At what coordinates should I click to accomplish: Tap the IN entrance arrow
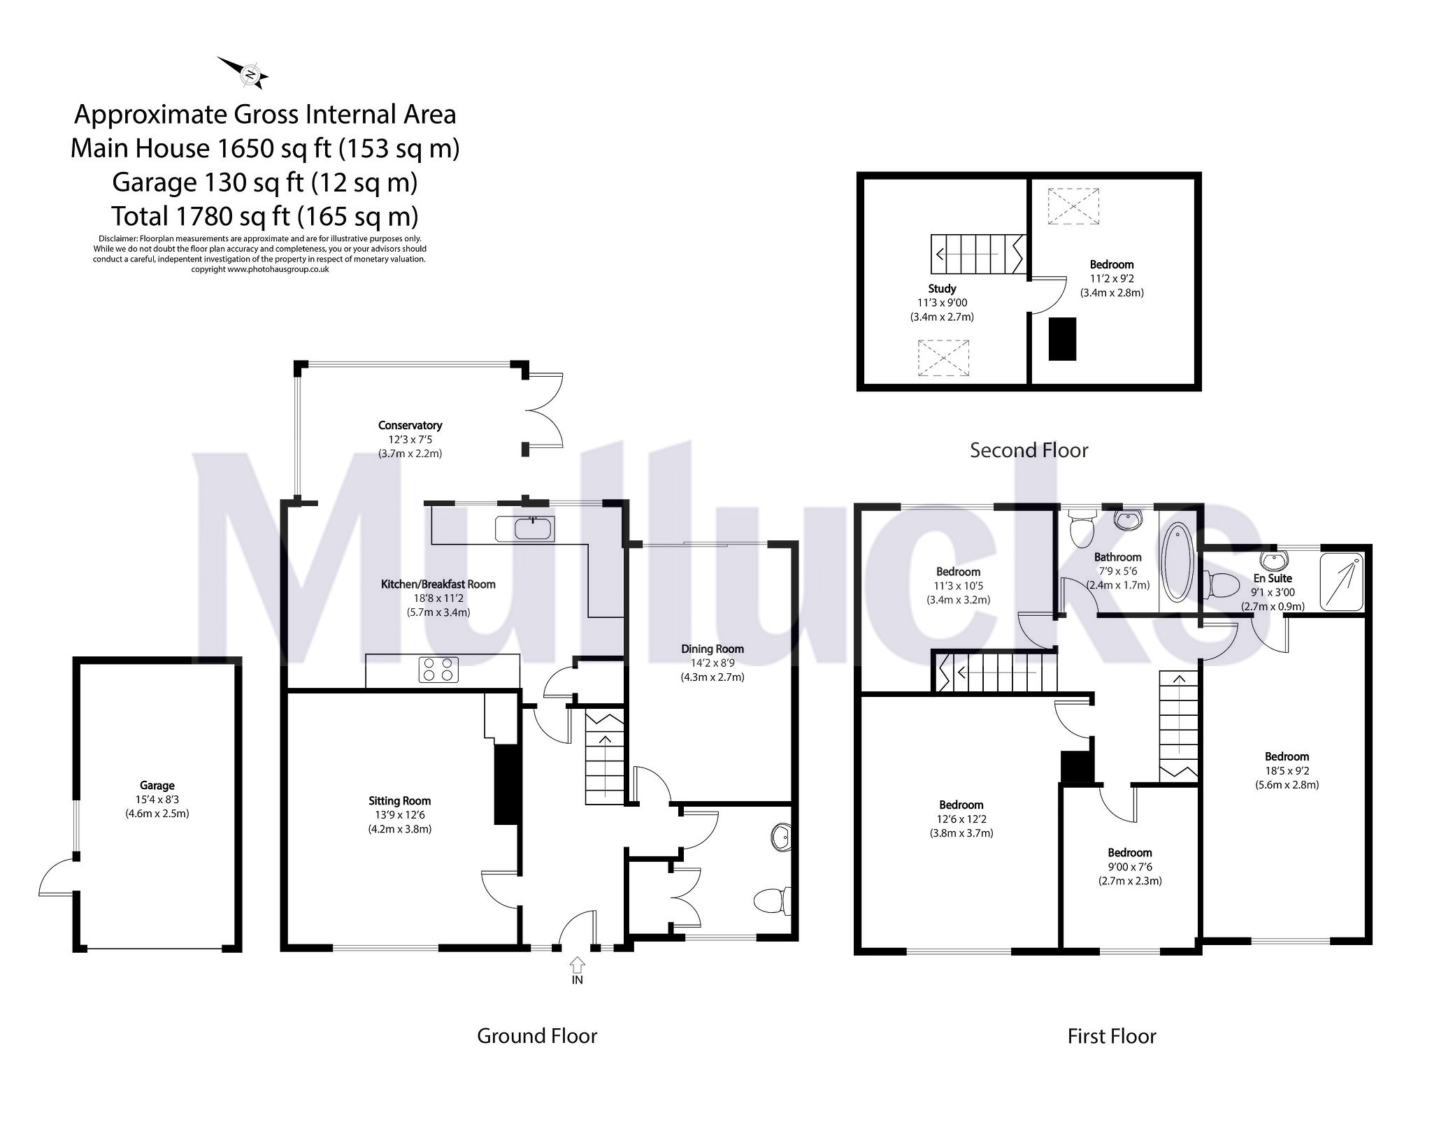577,967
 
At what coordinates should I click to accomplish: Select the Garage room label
157,786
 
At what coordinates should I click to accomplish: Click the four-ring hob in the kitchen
439,670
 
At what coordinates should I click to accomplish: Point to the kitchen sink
534,529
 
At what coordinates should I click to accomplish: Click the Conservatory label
410,425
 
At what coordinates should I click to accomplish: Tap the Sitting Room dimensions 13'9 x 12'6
399,815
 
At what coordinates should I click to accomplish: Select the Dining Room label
713,649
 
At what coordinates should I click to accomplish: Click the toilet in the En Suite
1219,584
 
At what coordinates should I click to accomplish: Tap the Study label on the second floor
942,288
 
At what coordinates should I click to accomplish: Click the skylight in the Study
944,358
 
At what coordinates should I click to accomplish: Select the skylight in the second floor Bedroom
1073,206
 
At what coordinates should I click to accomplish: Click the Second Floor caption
1029,450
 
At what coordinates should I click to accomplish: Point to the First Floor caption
1111,1036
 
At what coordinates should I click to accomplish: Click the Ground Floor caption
536,1036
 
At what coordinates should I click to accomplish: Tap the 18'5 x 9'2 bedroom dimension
1287,770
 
